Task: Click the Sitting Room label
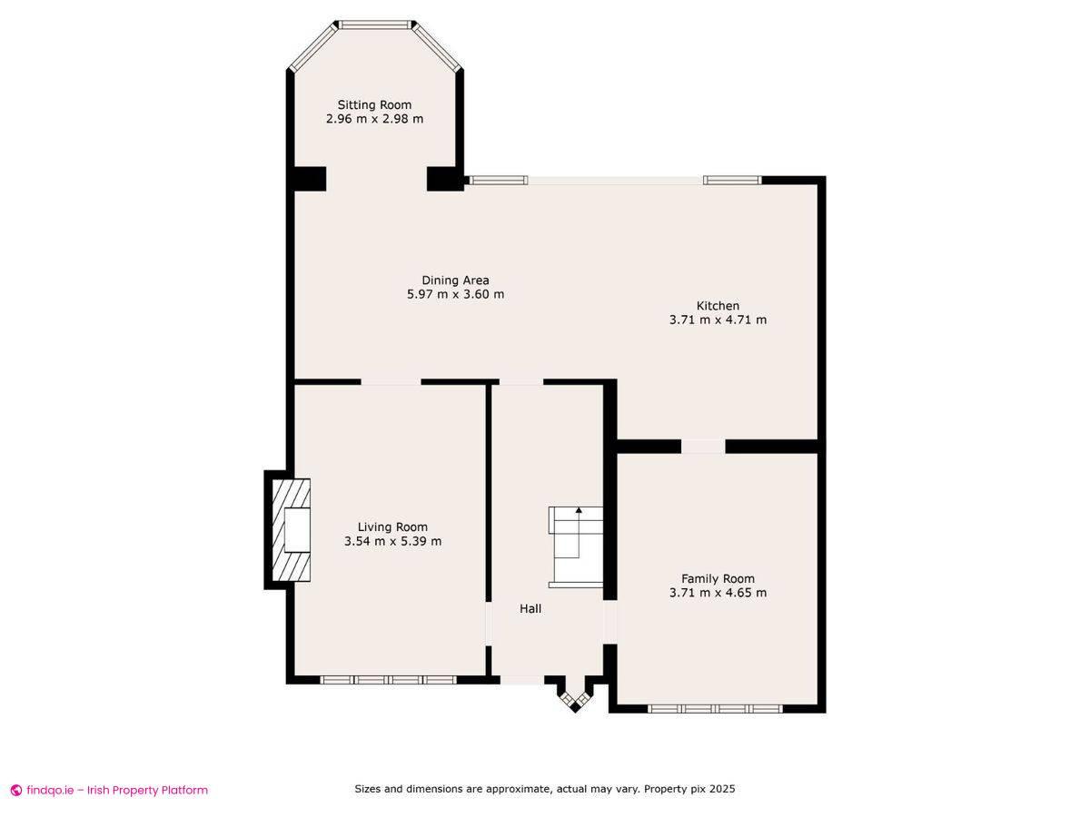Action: [x=374, y=104]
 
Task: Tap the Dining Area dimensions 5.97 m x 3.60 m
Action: [x=455, y=294]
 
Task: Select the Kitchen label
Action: [x=718, y=306]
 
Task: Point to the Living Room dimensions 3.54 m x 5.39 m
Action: [x=392, y=541]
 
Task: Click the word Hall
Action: [x=530, y=608]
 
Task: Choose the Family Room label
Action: [x=718, y=578]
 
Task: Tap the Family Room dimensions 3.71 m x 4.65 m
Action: [x=718, y=593]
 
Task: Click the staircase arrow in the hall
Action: [x=579, y=513]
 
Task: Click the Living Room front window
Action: [x=389, y=679]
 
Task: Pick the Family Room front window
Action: [x=715, y=708]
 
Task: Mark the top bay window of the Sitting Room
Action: [x=374, y=25]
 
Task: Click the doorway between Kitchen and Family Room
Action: [x=703, y=446]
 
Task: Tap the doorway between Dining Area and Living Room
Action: [x=391, y=382]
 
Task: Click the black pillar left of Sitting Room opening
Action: [x=310, y=179]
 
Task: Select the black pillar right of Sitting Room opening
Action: [x=444, y=179]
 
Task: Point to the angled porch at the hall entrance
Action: [x=574, y=697]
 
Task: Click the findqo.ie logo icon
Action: [x=15, y=790]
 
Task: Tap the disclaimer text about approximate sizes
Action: [x=544, y=789]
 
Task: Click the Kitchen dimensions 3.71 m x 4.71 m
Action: [x=718, y=320]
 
